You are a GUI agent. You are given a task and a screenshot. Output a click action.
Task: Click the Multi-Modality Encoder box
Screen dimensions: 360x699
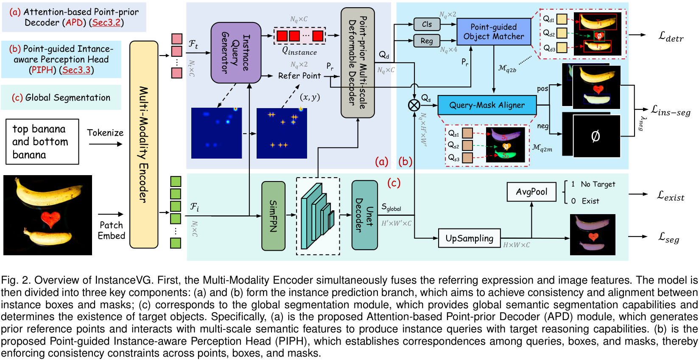(144, 144)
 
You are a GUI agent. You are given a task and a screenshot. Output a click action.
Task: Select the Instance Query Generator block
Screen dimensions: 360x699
(236, 53)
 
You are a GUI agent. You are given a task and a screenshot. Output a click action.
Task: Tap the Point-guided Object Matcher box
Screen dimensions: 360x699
(494, 32)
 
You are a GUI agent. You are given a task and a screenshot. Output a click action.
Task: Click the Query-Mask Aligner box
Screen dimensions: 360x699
(487, 105)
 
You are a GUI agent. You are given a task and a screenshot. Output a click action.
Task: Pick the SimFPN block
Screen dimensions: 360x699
(273, 216)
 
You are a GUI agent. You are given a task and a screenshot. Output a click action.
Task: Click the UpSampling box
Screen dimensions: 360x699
(469, 238)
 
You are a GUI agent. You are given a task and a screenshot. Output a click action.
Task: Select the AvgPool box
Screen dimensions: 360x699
(531, 192)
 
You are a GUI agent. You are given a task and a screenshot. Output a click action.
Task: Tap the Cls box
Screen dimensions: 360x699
(427, 24)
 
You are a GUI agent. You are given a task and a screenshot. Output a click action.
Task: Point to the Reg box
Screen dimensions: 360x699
(427, 41)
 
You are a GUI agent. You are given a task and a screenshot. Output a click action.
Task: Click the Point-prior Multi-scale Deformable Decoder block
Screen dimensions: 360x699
(358, 62)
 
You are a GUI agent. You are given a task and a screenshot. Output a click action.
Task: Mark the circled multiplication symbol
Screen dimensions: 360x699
(414, 105)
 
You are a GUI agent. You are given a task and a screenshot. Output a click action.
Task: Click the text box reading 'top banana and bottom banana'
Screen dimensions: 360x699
(42, 142)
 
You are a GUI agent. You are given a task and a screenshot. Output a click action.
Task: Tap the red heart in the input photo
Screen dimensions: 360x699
(51, 219)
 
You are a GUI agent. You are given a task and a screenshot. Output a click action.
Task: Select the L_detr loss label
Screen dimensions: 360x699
(671, 37)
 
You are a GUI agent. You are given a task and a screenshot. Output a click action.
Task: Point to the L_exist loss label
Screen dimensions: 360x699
(671, 195)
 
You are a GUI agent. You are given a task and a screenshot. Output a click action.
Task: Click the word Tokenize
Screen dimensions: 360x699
(105, 133)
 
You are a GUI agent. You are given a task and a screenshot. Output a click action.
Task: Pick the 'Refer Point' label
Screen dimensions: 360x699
(299, 76)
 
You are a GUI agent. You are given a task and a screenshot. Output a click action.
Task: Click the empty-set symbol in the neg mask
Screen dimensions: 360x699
(596, 136)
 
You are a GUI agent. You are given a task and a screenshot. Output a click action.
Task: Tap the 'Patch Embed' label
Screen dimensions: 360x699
(111, 230)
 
